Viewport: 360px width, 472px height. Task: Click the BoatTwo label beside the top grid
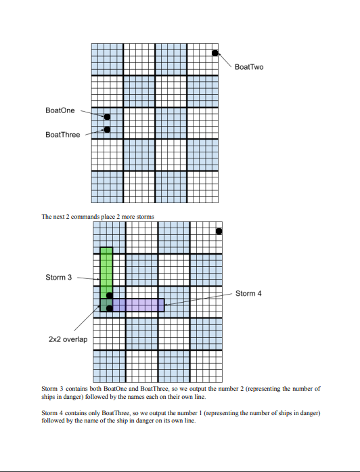248,67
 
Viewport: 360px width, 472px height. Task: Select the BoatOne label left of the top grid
60,110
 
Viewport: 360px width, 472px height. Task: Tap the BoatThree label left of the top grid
62,135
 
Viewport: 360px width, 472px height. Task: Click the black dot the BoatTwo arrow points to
215,53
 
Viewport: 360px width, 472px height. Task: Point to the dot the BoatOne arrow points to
107,117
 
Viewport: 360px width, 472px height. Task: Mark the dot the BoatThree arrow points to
107,129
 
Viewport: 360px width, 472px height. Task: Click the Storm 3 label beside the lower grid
58,277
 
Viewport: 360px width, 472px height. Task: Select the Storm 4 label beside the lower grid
248,294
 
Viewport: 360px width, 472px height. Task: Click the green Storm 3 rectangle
106,271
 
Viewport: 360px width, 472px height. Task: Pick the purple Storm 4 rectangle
139,305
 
